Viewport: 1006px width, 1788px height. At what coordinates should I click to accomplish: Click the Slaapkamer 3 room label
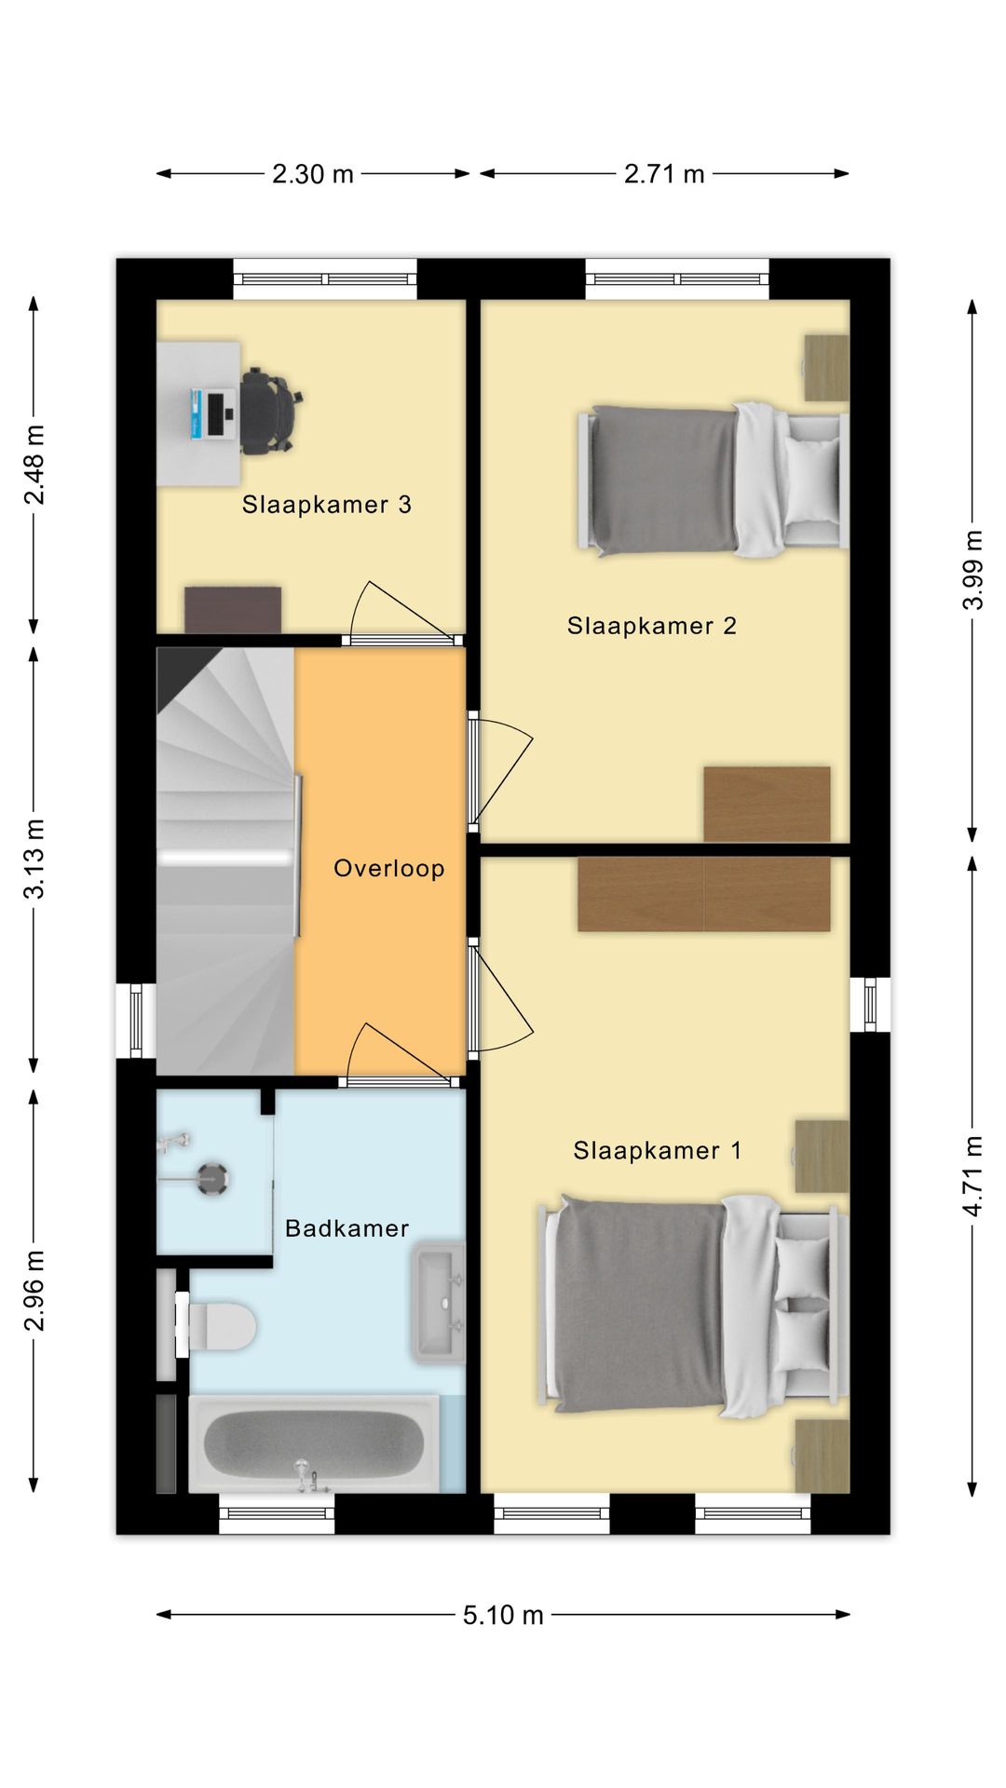tap(326, 505)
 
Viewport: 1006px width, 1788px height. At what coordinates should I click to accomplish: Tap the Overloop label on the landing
tap(389, 869)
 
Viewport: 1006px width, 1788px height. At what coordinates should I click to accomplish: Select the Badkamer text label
tap(347, 1228)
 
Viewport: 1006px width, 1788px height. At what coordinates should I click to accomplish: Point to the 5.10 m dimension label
tap(503, 1615)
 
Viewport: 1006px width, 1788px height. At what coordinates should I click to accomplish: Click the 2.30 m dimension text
tap(313, 174)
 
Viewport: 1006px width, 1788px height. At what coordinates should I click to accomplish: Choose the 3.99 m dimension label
tap(972, 570)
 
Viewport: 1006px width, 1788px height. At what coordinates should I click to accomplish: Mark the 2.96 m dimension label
tap(34, 1291)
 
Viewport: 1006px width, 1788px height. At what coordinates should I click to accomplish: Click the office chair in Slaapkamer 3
tap(272, 411)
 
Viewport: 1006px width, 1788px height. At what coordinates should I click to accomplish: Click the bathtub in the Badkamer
tap(314, 1443)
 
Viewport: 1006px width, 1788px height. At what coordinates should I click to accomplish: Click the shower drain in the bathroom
tap(214, 1179)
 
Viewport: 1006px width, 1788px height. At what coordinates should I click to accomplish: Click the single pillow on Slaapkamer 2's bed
tap(812, 482)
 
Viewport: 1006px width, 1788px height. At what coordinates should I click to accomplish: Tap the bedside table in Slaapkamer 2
tap(826, 368)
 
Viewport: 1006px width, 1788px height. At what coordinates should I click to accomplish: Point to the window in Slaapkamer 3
tap(324, 279)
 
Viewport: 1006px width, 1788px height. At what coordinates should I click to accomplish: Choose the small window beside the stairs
tap(136, 1021)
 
